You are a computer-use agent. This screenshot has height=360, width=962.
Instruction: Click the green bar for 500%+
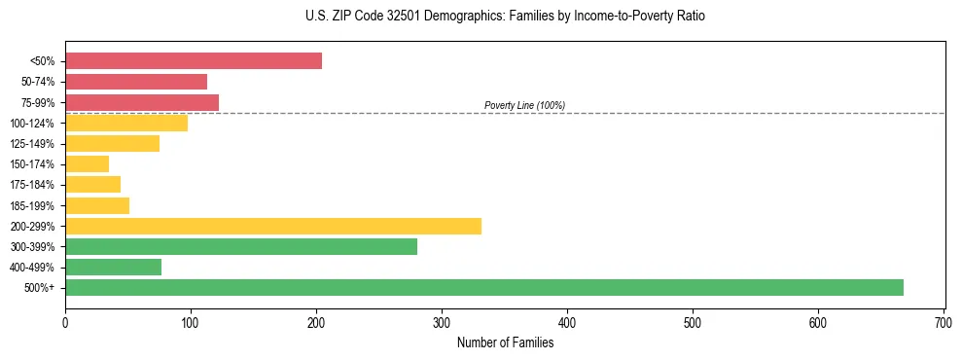[483, 287]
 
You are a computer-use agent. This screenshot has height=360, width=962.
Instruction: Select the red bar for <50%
[194, 61]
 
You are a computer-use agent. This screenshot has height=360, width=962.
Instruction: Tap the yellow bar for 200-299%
[273, 226]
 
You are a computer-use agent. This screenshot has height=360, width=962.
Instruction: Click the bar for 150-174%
[88, 164]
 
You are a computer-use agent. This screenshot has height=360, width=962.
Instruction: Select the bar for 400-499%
[113, 267]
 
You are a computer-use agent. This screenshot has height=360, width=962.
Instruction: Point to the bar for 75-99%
[142, 102]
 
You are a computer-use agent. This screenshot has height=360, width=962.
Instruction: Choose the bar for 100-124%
[126, 123]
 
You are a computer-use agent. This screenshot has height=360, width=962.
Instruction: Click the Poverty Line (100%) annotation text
[524, 105]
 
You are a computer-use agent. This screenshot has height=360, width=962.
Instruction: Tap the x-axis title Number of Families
[505, 342]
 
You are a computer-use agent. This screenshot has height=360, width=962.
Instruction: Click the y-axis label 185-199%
[34, 205]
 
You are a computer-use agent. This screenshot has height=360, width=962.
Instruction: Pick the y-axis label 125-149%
[34, 144]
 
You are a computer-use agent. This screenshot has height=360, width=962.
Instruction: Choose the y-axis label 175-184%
[34, 185]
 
